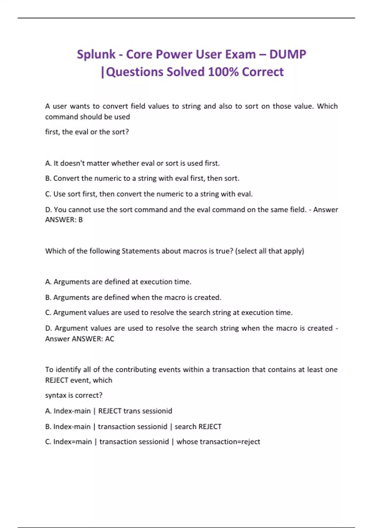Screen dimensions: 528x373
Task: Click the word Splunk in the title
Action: click(96, 54)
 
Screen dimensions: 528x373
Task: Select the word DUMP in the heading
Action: click(288, 54)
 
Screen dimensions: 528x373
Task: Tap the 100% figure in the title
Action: click(223, 72)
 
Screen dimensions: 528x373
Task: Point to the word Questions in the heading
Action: click(134, 72)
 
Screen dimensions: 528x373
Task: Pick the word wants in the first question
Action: click(80, 106)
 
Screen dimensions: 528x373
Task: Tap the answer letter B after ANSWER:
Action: click(81, 220)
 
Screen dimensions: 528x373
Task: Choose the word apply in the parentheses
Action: click(294, 251)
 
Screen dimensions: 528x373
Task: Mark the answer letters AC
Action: click(109, 339)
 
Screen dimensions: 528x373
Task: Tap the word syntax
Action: click(55, 395)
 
